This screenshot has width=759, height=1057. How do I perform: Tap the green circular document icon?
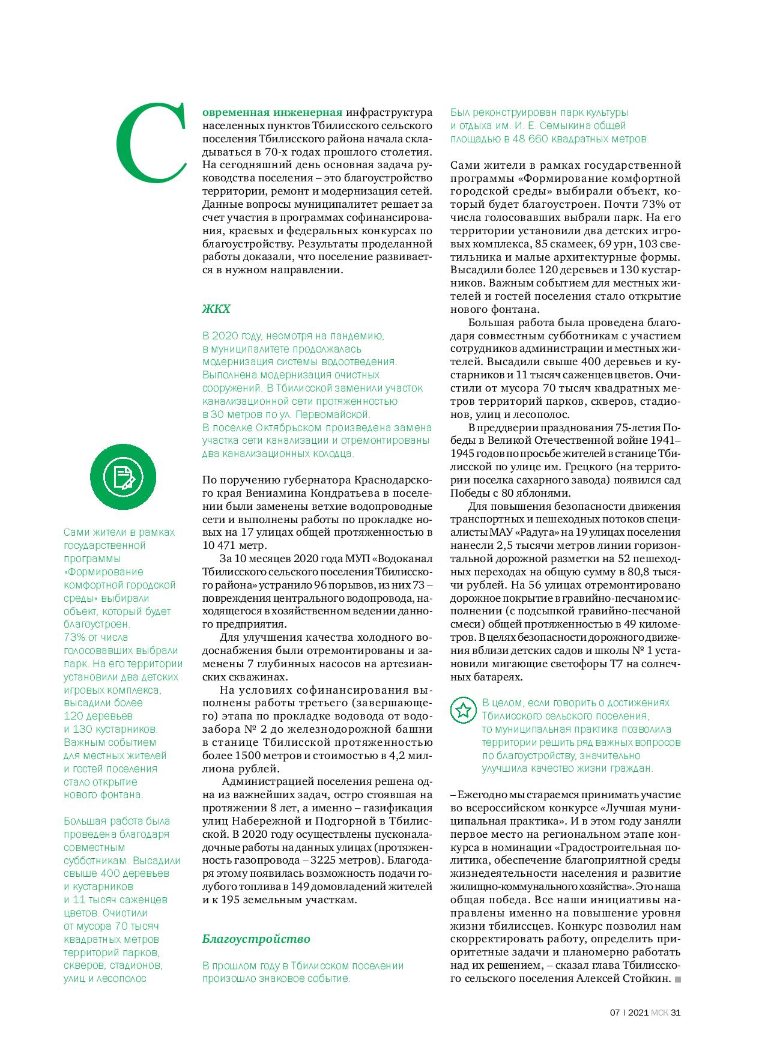(x=123, y=477)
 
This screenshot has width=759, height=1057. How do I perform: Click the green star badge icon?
(x=463, y=710)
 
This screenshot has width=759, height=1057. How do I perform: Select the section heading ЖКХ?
(x=216, y=309)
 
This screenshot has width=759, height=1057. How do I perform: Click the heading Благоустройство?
(x=256, y=938)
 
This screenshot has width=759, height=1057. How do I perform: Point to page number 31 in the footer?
(x=676, y=1011)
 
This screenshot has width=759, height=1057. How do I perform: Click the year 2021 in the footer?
(x=637, y=1011)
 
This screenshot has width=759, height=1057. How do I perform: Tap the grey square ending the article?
(x=678, y=979)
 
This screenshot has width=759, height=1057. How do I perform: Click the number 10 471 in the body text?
(x=223, y=545)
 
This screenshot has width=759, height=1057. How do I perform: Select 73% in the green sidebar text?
(x=74, y=637)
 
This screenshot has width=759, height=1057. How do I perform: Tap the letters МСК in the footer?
(x=659, y=1011)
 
